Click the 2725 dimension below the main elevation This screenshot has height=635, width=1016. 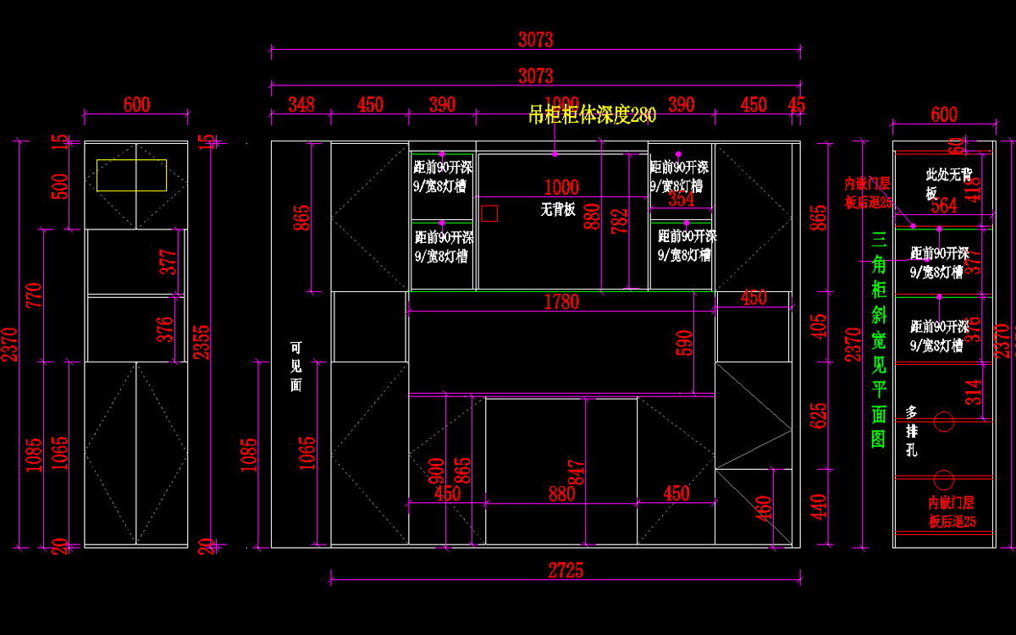click(x=566, y=571)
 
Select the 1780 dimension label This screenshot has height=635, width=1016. click(x=561, y=302)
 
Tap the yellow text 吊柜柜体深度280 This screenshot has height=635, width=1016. click(x=592, y=115)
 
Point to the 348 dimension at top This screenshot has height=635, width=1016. click(x=301, y=105)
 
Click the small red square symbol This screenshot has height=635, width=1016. click(x=489, y=213)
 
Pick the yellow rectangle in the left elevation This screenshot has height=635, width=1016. click(x=131, y=174)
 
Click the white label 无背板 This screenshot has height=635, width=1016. click(x=558, y=209)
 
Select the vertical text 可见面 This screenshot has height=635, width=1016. click(x=295, y=366)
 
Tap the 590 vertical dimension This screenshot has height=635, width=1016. click(x=685, y=342)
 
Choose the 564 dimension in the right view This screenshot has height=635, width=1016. click(x=944, y=206)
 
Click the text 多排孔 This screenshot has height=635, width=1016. click(x=912, y=431)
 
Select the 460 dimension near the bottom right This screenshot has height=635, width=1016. click(x=765, y=507)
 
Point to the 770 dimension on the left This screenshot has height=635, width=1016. click(x=35, y=296)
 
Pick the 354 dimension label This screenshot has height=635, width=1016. click(x=681, y=200)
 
